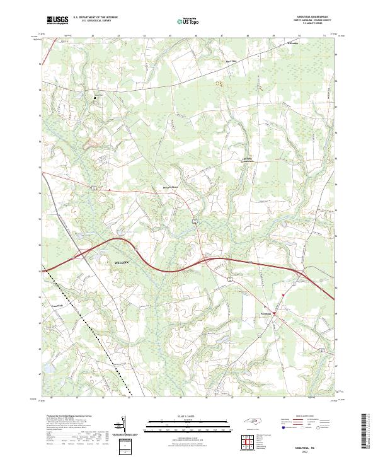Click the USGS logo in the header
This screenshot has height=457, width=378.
click(57, 21)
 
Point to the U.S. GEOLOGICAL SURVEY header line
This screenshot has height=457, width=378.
click(93, 21)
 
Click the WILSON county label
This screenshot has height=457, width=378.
click(123, 262)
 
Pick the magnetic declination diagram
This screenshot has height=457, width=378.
click(123, 425)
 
